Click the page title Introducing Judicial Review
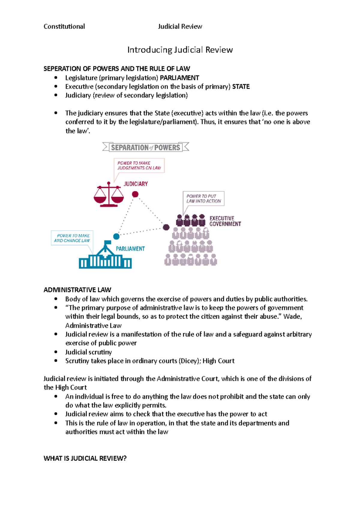tap(180, 50)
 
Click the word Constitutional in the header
tap(64, 26)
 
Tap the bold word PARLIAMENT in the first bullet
tap(179, 78)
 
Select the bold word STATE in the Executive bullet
tap(241, 87)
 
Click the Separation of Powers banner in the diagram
tap(145, 147)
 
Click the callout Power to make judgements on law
tap(139, 165)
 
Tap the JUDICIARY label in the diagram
tap(136, 184)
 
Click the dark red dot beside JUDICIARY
tap(135, 194)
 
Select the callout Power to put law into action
tap(204, 198)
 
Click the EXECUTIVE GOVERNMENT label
tap(225, 221)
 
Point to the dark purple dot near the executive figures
tap(166, 227)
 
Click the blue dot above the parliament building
tap(116, 237)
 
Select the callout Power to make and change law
tap(72, 238)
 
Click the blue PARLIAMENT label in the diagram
tap(130, 249)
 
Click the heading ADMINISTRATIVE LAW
tap(77, 290)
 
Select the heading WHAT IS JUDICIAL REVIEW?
tap(85, 458)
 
